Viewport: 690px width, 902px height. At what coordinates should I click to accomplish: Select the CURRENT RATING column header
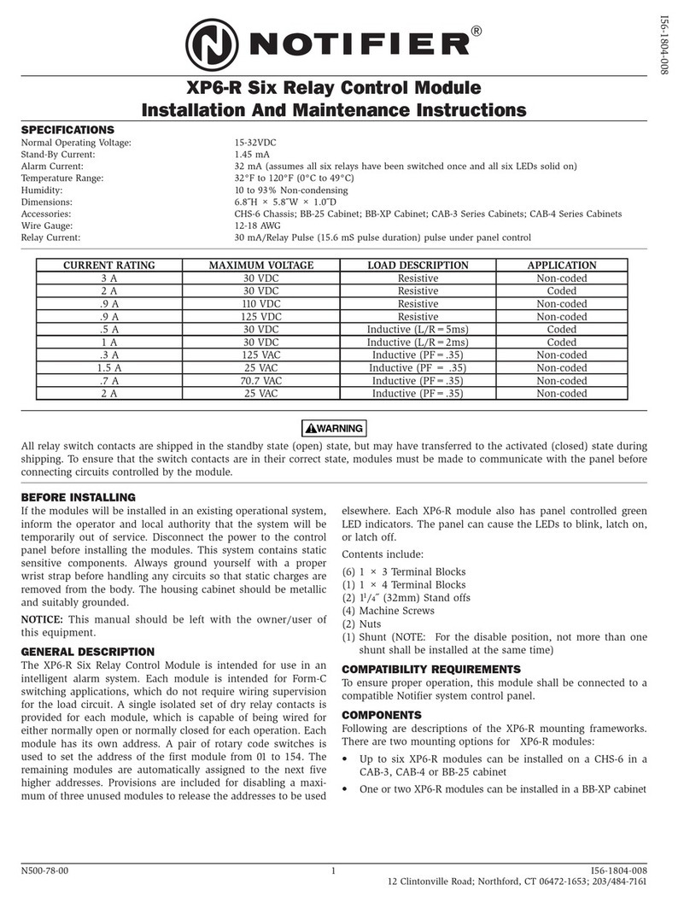(x=109, y=266)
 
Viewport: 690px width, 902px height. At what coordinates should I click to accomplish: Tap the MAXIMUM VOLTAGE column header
(x=261, y=266)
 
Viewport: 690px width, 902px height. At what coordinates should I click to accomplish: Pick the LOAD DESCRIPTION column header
(x=418, y=266)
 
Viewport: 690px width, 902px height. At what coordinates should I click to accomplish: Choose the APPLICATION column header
(x=561, y=266)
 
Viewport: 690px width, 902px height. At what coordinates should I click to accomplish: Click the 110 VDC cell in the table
(x=261, y=304)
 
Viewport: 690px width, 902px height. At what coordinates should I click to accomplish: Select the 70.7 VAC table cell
(x=261, y=381)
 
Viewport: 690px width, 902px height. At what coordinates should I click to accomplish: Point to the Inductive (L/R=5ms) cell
(x=418, y=330)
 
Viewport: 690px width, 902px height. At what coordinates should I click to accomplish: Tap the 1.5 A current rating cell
(x=109, y=368)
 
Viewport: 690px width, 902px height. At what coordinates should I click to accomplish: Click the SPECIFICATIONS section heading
(x=67, y=130)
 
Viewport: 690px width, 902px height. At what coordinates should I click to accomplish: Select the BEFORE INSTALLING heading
(x=78, y=497)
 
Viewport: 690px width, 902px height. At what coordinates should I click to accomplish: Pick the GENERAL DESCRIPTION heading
(x=87, y=652)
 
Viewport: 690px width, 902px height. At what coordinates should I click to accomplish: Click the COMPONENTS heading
(x=380, y=714)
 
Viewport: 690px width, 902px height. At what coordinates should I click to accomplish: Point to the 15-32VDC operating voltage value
(x=256, y=143)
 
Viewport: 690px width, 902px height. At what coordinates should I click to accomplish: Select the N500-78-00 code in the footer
(x=44, y=870)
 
